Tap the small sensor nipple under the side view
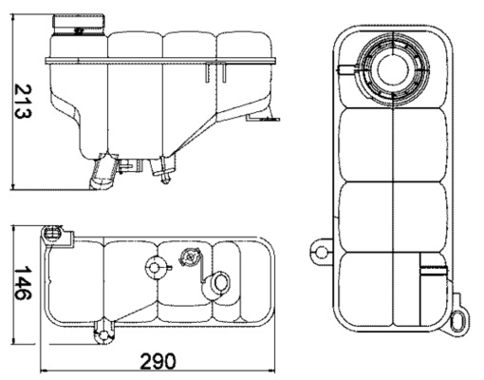tap(167, 174)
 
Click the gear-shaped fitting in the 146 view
tap(189, 257)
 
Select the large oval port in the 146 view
tap(219, 283)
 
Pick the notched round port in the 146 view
tap(153, 268)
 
